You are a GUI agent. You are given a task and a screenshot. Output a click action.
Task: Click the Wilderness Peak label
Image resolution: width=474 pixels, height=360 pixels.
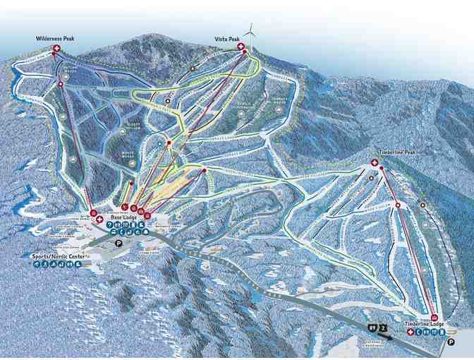click(x=56, y=39)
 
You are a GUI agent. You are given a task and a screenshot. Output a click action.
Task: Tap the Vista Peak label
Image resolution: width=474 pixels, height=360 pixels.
click(x=228, y=39)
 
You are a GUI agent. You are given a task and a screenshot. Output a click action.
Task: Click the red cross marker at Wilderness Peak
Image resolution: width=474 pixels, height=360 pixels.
click(x=56, y=48)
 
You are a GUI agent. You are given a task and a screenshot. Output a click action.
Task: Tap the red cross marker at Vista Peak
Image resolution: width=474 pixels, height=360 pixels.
click(x=241, y=47)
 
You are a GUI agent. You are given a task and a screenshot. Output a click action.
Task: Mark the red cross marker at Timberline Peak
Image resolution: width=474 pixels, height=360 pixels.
click(x=374, y=163)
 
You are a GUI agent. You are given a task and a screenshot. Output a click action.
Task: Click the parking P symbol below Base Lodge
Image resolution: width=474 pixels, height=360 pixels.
click(x=119, y=242)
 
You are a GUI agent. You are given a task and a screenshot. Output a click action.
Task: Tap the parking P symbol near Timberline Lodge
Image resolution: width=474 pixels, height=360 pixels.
click(x=449, y=341)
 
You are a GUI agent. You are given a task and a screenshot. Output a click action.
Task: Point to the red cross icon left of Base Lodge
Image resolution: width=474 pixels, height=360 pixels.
click(x=99, y=220)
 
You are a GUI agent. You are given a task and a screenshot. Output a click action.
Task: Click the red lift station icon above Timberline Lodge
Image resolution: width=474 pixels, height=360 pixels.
click(x=433, y=317)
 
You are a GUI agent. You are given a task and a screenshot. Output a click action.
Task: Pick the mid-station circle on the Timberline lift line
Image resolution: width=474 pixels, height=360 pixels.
click(x=397, y=205)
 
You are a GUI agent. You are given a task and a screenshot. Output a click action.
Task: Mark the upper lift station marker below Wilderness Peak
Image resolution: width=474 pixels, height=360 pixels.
click(x=61, y=85)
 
